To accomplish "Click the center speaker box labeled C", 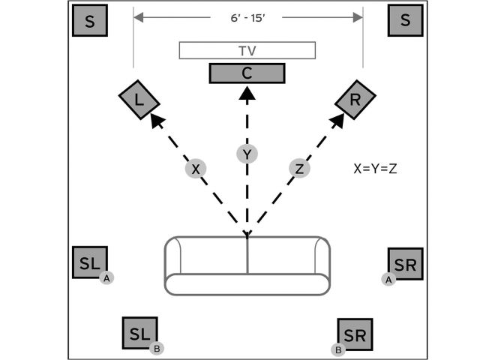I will tap(246, 73).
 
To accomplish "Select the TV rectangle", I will tap(246, 50).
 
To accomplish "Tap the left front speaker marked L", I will tap(137, 98).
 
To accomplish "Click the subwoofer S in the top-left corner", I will tap(90, 21).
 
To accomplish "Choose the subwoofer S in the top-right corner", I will tap(405, 21).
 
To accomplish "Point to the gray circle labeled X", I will tap(195, 169).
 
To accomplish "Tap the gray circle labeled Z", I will tap(299, 169).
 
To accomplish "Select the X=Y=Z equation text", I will tap(375, 168).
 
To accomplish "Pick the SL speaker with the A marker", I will tap(89, 263).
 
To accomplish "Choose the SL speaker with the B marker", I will tap(139, 333).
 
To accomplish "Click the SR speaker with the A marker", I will tap(406, 263).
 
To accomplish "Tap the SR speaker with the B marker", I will tap(355, 334).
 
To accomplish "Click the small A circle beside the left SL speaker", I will tap(107, 277).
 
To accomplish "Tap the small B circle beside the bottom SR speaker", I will tap(338, 349).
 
